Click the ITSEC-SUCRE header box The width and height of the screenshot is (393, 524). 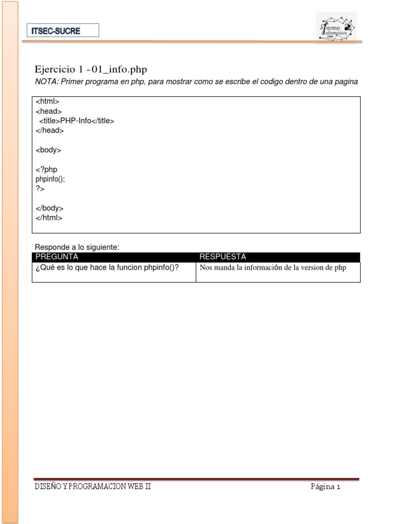coord(63,30)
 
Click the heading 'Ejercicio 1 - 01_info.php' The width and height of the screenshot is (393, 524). coord(91,70)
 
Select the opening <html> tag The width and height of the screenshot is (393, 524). coord(48,101)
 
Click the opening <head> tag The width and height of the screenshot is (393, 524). coord(49,111)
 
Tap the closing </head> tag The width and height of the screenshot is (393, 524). coord(50,130)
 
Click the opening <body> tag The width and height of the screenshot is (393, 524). coord(49,150)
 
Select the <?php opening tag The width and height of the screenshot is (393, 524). coord(47,169)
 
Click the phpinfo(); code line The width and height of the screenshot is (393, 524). coord(50,179)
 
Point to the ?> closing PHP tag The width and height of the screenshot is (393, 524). coord(40,189)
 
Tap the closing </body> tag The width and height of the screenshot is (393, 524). coord(50,208)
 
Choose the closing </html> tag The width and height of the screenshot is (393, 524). coord(49,217)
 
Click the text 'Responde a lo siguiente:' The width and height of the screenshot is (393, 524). coord(77,247)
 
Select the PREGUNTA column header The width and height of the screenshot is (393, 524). coord(57,257)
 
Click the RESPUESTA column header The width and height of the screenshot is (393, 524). coord(223,257)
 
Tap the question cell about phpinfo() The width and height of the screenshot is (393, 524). coord(107,267)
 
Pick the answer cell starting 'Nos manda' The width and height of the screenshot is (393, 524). coord(273,268)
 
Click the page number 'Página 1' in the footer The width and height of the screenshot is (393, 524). coord(325,487)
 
